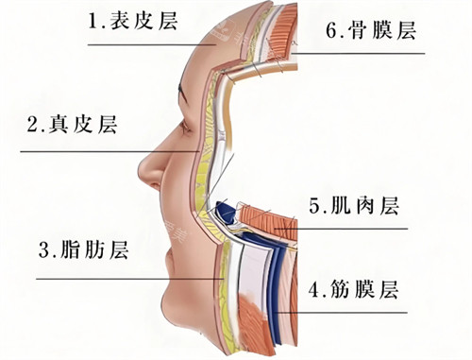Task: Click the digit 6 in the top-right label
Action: [332, 30]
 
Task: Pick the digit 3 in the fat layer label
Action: [43, 251]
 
